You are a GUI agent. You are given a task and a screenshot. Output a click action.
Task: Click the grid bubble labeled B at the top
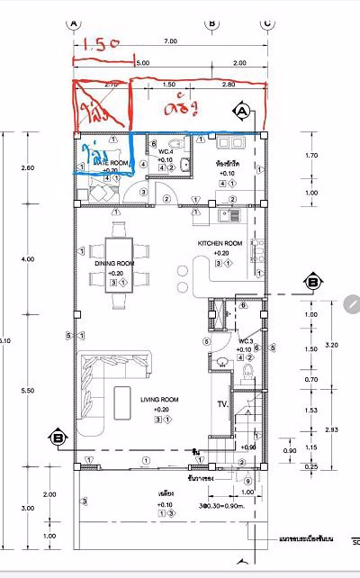pyautogui.click(x=211, y=23)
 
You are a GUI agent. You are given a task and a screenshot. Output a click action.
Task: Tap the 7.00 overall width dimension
pyautogui.click(x=170, y=42)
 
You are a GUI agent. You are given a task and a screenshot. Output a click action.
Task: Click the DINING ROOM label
pyautogui.click(x=114, y=264)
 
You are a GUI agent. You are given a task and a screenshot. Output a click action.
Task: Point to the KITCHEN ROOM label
pyautogui.click(x=220, y=243)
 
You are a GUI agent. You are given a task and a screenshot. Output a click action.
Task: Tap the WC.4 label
pyautogui.click(x=166, y=151)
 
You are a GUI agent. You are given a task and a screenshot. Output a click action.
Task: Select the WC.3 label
pyautogui.click(x=246, y=341)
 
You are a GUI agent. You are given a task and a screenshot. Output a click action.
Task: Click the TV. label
pyautogui.click(x=220, y=404)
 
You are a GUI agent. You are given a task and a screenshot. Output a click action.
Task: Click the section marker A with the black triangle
pyautogui.click(x=241, y=111)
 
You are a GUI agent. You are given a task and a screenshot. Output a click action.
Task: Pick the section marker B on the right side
pyautogui.click(x=311, y=282)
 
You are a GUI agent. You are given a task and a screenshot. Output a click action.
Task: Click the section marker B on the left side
pyautogui.click(x=58, y=438)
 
